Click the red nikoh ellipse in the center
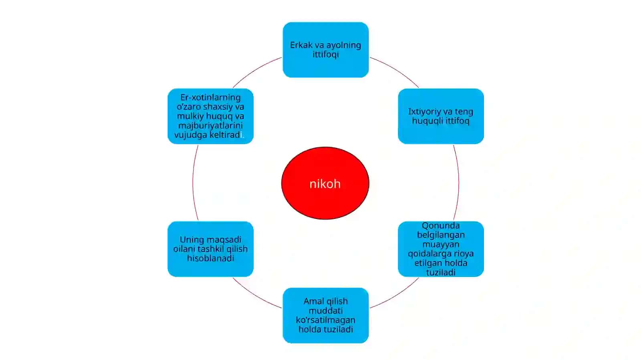coord(325,183)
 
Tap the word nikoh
coord(325,184)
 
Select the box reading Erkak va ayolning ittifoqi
coord(326,50)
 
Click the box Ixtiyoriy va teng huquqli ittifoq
coord(441,116)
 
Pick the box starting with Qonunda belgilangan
coord(441,249)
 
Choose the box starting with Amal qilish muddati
coord(326,316)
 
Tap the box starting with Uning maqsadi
coord(211,249)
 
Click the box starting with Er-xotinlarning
coord(211,116)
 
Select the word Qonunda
coord(441,225)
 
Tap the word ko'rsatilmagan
coord(326,320)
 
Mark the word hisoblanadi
coord(211,258)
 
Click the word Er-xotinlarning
coord(211,97)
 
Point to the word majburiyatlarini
coord(211,125)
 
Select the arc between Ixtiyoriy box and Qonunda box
coord(459,183)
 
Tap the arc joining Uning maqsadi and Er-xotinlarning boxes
coord(193,183)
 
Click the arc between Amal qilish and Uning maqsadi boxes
coord(255,296)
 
